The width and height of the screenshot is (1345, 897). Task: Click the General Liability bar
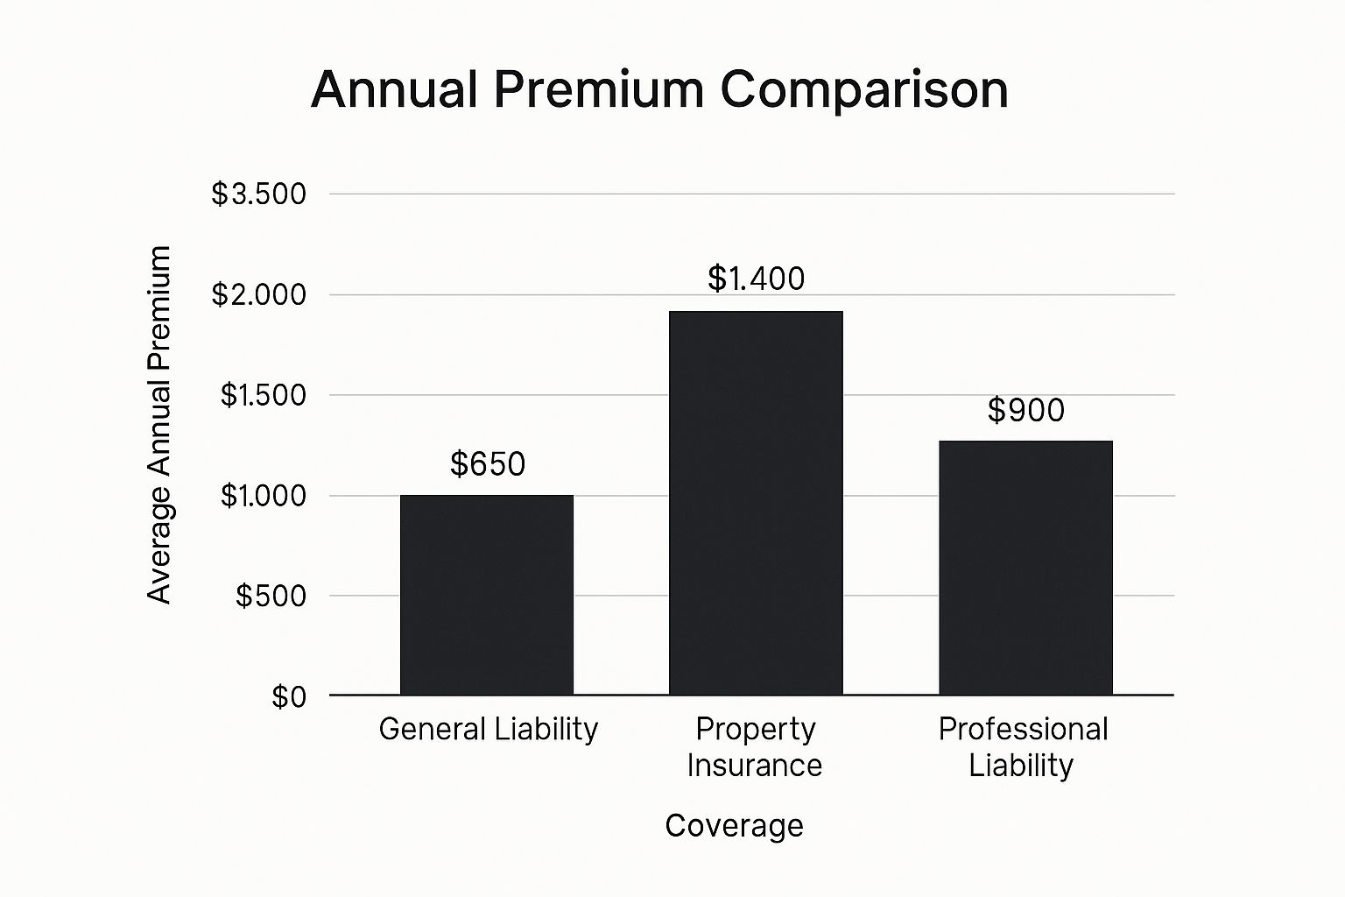click(x=487, y=595)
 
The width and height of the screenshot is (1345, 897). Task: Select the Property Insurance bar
click(x=756, y=503)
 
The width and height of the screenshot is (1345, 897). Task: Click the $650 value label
click(x=488, y=463)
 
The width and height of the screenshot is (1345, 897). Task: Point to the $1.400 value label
click(x=756, y=279)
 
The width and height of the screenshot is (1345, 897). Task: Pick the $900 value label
click(x=1025, y=410)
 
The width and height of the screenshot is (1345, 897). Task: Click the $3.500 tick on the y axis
click(x=259, y=194)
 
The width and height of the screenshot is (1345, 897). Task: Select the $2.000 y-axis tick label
click(x=259, y=294)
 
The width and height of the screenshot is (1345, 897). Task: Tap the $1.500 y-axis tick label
click(x=263, y=395)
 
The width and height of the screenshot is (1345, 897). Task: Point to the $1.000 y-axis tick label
click(x=263, y=496)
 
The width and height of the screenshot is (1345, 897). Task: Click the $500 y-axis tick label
click(x=271, y=596)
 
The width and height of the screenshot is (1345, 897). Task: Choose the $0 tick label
click(x=289, y=696)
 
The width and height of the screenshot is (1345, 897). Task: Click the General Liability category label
click(x=488, y=729)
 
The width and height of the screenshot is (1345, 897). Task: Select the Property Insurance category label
click(x=755, y=746)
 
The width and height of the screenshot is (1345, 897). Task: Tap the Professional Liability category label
click(x=1023, y=746)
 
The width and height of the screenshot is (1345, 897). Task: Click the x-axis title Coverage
click(x=734, y=825)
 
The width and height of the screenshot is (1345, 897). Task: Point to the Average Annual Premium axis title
click(x=158, y=425)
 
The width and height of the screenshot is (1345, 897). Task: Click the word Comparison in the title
click(x=864, y=89)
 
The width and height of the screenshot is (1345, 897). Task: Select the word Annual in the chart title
click(x=393, y=89)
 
